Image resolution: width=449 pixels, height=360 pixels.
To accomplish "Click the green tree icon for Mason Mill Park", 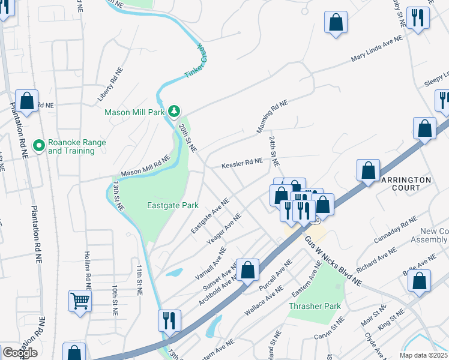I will point(174,111).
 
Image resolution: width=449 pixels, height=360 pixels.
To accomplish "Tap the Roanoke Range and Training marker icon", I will point(39,146).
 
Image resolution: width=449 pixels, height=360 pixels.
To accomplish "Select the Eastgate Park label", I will point(173,205).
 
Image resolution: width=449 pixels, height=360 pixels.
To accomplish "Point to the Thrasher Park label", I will point(315,306).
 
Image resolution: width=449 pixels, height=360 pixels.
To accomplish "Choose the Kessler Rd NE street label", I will point(242,163).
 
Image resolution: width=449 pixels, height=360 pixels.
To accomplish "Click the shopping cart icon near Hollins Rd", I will point(80,299).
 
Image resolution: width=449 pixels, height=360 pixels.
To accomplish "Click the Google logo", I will point(19,353).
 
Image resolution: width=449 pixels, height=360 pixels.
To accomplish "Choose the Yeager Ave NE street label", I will point(224,227).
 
